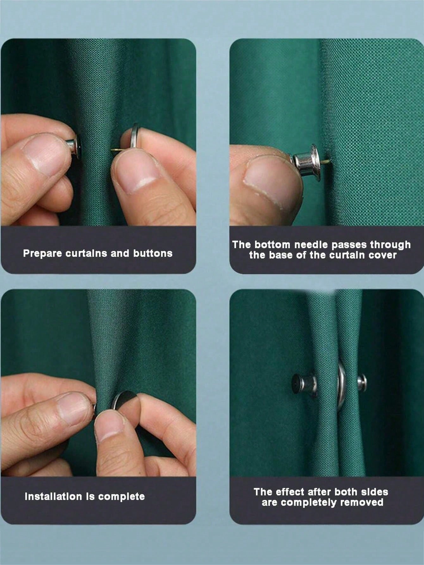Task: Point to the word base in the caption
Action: tap(282, 255)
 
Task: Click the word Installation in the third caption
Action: tap(53, 496)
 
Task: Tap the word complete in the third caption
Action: tap(121, 497)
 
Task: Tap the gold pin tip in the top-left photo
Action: tap(115, 150)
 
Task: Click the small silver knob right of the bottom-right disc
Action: tap(362, 382)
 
